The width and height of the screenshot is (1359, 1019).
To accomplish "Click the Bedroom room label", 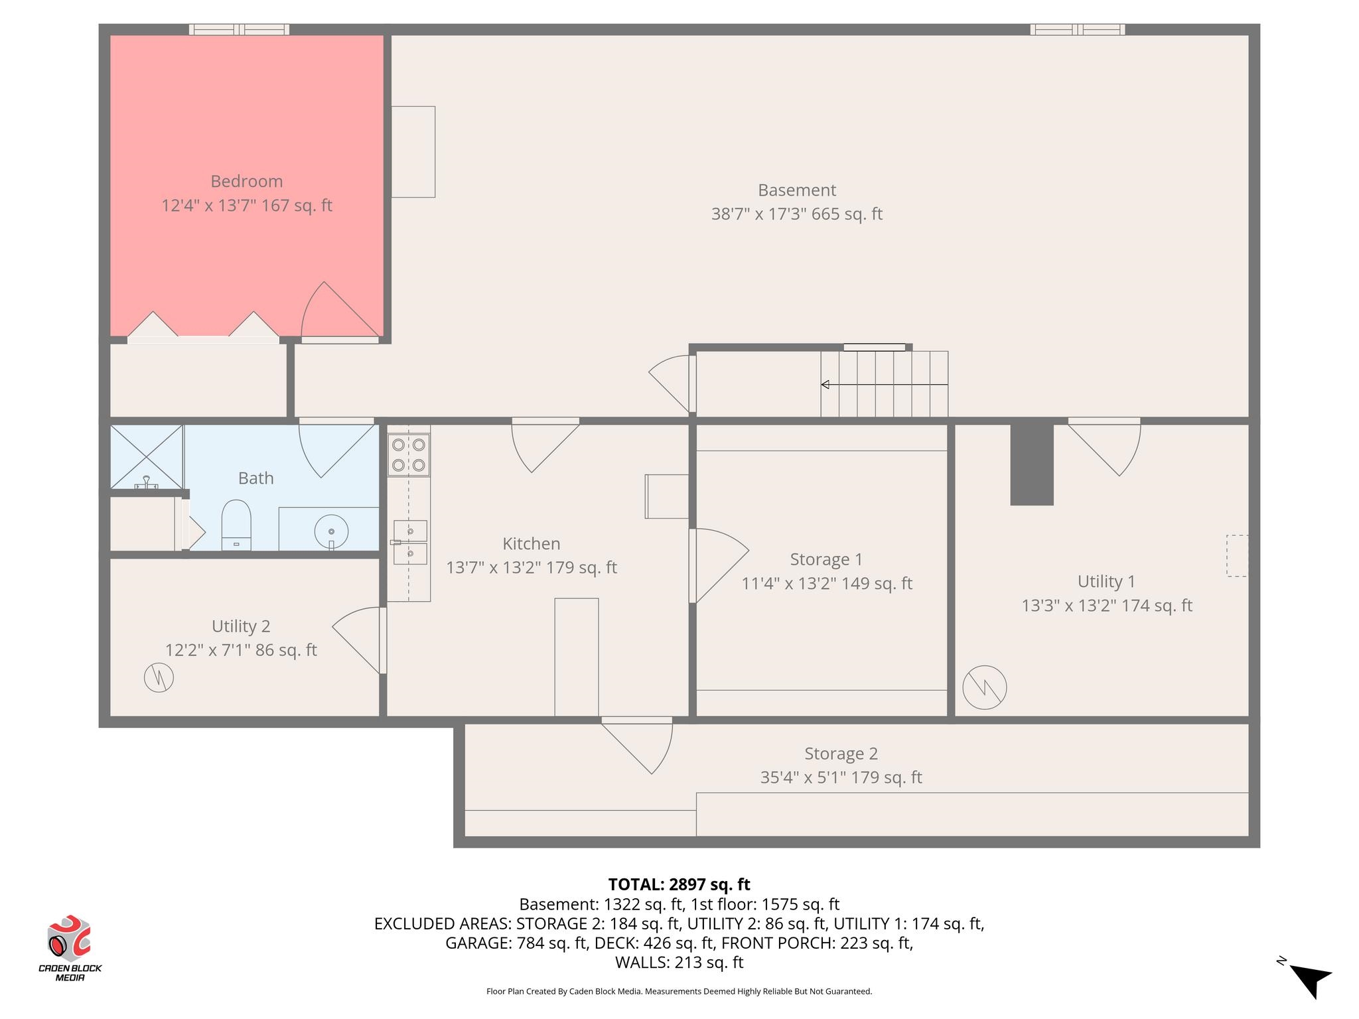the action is coord(247,181).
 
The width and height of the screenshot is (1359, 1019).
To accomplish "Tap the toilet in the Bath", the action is coord(236,525).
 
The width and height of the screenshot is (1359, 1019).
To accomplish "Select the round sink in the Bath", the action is coord(331,531).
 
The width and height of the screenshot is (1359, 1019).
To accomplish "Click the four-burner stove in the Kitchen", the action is coord(409,456).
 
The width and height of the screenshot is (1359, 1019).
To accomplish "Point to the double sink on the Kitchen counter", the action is coord(410,543).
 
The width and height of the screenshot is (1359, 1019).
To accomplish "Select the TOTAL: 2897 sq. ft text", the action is coord(679,884).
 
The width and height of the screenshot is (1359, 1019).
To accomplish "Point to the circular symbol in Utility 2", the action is coord(159,677).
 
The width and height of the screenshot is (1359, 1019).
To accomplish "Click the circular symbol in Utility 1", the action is coord(985,687).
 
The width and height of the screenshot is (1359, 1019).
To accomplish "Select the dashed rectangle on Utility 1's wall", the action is coord(1238,556).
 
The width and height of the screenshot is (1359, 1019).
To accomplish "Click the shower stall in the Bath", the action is coord(147,457).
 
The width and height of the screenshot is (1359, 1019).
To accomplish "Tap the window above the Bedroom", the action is coord(239,29).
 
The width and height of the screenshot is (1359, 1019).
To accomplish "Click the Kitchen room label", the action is coord(532,543).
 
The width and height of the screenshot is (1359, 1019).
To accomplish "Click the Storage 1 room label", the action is coord(827,559).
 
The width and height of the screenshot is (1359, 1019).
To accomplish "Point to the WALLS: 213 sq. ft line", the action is coord(679,962).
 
